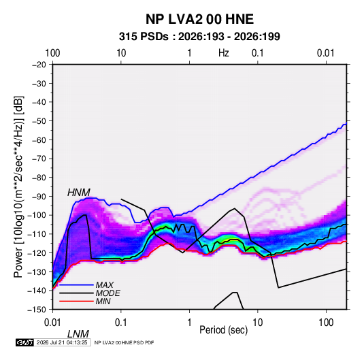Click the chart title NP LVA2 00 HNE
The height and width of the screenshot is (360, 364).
coord(199,19)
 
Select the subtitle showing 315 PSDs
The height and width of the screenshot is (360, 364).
coord(199,37)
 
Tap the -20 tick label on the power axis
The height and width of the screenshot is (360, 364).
coord(39,65)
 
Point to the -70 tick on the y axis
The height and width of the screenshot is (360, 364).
coord(39,159)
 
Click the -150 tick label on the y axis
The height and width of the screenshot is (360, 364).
coord(37,310)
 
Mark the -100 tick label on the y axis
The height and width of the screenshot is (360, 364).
coord(37,215)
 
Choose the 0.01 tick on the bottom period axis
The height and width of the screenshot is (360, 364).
coord(52,323)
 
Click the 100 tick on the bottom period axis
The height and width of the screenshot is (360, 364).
coord(326,323)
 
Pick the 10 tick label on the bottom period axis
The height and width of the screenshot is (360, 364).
coord(258,323)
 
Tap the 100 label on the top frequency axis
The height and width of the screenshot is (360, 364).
coord(52,53)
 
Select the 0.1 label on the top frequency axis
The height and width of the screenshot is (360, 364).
coord(258,53)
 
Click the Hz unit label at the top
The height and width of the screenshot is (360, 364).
coord(224,53)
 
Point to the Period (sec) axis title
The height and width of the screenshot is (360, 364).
coord(224,330)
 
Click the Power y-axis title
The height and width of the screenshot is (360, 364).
coord(18,186)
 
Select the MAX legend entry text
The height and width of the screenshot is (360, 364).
coord(105,285)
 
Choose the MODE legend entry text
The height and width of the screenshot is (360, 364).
coord(107,293)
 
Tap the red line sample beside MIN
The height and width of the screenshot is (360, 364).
coord(76,301)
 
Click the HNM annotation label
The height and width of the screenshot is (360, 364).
coord(79,193)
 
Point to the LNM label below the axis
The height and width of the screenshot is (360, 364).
coord(78,334)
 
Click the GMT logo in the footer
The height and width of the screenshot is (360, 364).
coord(24,342)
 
